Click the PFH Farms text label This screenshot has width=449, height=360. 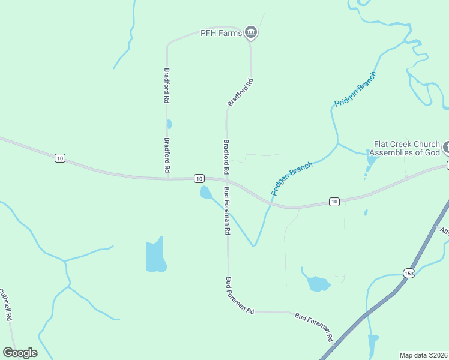[x=221, y=34]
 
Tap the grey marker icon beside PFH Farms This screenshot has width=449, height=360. [x=252, y=32]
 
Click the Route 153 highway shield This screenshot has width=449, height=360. [x=409, y=272]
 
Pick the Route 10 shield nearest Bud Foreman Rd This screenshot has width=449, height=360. [x=199, y=178]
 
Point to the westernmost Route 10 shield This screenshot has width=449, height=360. [x=59, y=158]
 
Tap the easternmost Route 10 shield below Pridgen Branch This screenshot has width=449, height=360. [x=334, y=201]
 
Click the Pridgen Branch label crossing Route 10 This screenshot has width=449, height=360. [x=292, y=179]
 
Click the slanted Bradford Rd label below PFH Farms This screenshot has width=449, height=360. [x=240, y=92]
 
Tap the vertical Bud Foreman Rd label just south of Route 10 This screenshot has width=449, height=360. [x=227, y=211]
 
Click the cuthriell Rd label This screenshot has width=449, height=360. [x=6, y=305]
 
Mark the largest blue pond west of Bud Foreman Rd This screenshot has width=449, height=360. [x=155, y=256]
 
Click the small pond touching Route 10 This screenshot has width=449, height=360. [x=205, y=193]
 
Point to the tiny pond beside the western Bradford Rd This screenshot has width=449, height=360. [x=169, y=124]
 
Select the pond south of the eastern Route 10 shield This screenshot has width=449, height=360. [x=316, y=283]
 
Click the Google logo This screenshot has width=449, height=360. [x=20, y=353]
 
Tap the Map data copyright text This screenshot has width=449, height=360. [x=424, y=355]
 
